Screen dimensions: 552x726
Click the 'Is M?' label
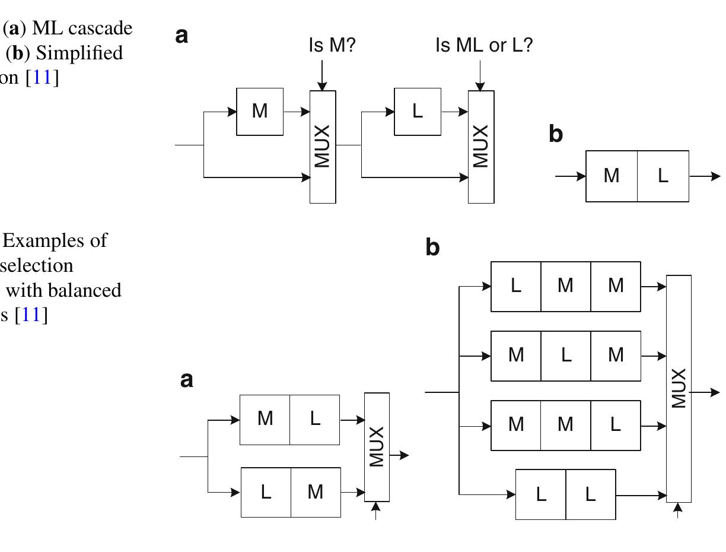coord(332,45)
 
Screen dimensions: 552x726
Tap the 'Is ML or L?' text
coord(483,45)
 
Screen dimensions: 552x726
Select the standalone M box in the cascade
coord(260,112)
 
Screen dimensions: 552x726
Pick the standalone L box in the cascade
coord(418,112)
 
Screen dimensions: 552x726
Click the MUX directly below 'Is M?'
coord(323,147)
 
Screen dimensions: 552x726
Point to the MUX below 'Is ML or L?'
coord(481,147)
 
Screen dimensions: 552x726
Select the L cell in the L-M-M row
coord(516,286)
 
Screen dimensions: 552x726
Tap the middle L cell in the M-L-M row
coord(566,356)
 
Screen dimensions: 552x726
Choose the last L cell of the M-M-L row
coord(616,425)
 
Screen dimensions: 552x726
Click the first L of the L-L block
coord(540,494)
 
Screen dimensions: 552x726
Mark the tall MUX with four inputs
coord(679,389)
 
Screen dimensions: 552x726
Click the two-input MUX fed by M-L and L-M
coord(377,447)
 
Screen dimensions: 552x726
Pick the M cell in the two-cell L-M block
coord(316,492)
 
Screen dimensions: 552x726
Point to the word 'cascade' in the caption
coord(103,28)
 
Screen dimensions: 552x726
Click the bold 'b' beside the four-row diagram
coord(432,247)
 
